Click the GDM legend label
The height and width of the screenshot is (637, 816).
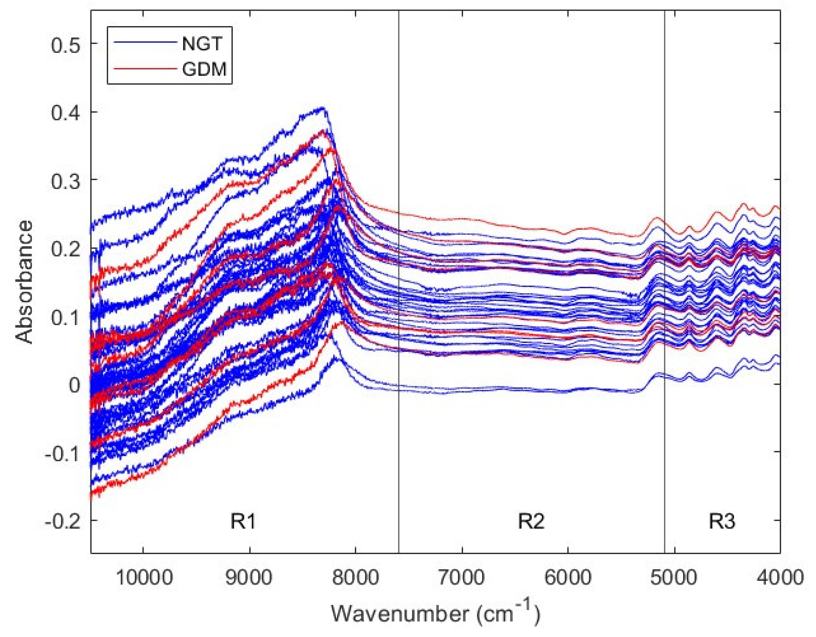[204, 69]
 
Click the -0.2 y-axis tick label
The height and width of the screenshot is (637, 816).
[62, 520]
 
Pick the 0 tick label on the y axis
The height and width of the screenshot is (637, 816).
[74, 385]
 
